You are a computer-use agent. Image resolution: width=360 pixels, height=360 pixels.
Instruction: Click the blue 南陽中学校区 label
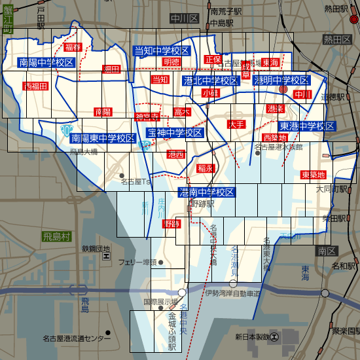[x=46, y=63]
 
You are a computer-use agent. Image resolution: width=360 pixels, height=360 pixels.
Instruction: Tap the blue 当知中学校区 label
[x=162, y=51]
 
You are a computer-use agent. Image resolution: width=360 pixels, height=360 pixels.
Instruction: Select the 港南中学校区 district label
[x=207, y=192]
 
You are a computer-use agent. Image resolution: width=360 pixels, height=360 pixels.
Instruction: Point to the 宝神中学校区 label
[x=174, y=133]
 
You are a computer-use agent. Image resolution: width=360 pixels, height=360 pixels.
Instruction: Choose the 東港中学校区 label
[x=307, y=126]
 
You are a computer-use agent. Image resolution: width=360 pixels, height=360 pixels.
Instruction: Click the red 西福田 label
[x=36, y=86]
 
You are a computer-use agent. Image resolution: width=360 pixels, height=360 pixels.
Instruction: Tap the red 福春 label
[x=73, y=48]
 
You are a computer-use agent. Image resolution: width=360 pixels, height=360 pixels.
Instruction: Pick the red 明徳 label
[x=171, y=62]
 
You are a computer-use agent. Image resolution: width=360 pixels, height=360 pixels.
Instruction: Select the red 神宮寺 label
[x=147, y=117]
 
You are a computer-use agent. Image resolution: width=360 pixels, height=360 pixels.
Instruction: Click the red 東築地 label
[x=314, y=175]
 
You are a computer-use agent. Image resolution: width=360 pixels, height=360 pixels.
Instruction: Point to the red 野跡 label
[x=172, y=224]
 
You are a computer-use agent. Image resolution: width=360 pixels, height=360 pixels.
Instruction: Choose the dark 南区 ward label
[x=323, y=251]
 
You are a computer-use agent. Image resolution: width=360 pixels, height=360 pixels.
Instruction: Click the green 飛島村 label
[x=55, y=236]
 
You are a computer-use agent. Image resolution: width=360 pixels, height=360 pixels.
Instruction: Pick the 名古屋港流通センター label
[x=77, y=338]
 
